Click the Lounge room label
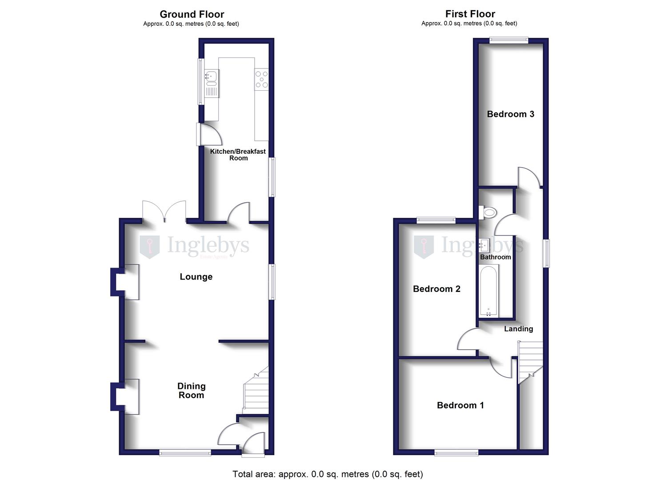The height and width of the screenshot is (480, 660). click(196, 277)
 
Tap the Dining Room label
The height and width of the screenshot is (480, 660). click(192, 391)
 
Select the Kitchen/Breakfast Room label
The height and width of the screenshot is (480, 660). click(238, 155)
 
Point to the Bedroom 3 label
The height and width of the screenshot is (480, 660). click(510, 114)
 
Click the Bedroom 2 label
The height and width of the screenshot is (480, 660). click(436, 289)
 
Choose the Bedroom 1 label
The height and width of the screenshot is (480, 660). click(460, 405)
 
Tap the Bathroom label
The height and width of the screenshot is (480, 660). click(495, 257)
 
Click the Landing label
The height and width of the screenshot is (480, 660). click(518, 329)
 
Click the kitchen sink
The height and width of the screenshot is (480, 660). click(211, 77)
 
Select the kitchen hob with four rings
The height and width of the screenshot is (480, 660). click(262, 79)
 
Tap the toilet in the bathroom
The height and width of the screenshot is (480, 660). click(488, 212)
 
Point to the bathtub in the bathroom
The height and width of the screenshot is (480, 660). click(489, 291)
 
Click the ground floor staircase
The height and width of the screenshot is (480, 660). click(256, 391)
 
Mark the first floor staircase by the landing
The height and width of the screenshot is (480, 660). click(531, 359)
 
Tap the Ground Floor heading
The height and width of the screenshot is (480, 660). click(192, 14)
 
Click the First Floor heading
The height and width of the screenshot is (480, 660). click(470, 14)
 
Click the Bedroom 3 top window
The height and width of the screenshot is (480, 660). click(509, 40)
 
